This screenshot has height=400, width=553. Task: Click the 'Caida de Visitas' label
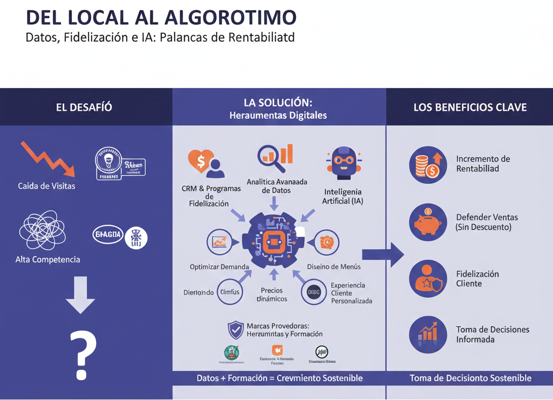click(46, 186)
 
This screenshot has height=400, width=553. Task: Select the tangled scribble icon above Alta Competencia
click(43, 230)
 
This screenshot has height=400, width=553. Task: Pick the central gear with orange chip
click(274, 240)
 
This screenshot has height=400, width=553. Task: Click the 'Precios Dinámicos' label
click(272, 295)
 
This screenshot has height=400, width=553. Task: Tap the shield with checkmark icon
click(235, 329)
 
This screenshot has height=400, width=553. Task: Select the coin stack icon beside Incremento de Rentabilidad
click(428, 164)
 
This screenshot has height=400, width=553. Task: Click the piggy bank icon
click(428, 222)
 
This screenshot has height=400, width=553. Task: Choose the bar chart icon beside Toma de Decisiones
click(428, 335)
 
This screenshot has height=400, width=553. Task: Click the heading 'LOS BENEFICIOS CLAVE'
click(470, 107)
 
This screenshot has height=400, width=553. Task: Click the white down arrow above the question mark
click(79, 295)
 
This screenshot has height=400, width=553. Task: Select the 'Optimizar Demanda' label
click(219, 267)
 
